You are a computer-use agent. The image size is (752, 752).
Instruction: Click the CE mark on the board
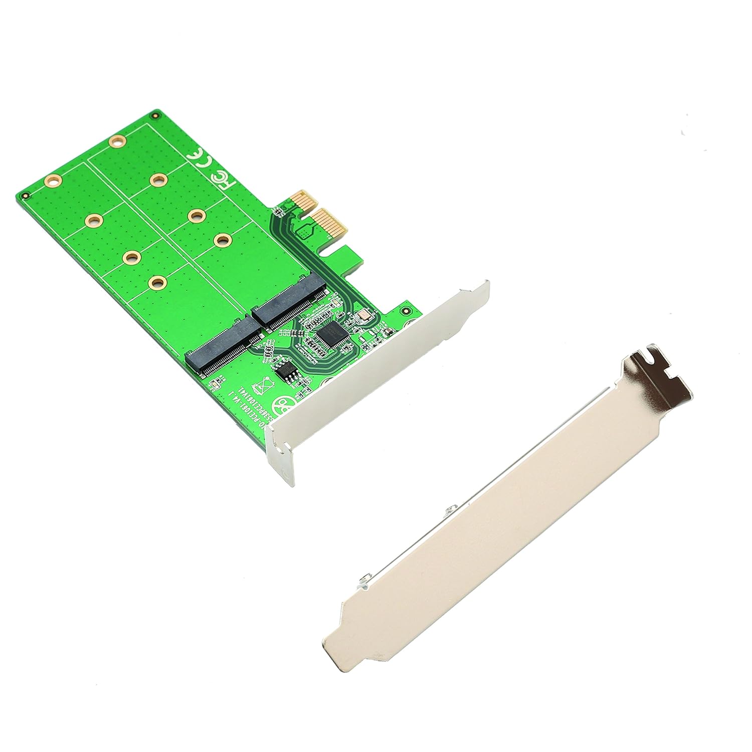[196, 157]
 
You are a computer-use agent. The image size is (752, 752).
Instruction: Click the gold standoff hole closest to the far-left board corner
[52, 181]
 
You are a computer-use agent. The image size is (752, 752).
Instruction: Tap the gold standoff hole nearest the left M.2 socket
[157, 284]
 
